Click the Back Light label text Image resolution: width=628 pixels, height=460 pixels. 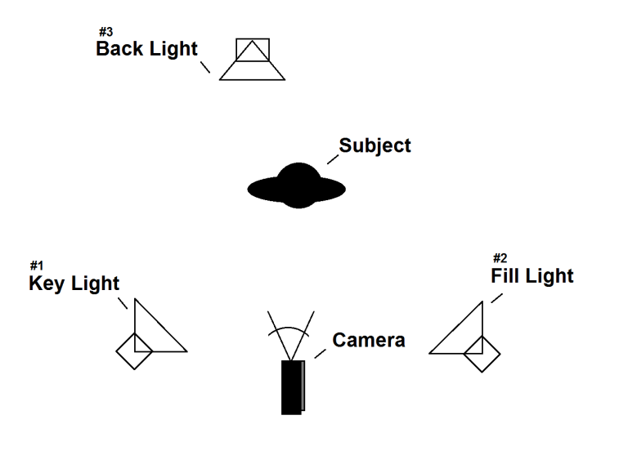pyautogui.click(x=146, y=48)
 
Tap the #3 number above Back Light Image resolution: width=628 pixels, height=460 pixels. pyautogui.click(x=105, y=32)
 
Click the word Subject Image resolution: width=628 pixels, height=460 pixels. pyautogui.click(x=375, y=146)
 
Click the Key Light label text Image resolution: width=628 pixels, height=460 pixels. pyautogui.click(x=74, y=284)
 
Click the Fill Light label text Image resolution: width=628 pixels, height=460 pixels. pyautogui.click(x=532, y=276)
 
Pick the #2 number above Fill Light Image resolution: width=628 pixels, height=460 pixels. pyautogui.click(x=500, y=259)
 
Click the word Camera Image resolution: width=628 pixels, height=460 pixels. pyautogui.click(x=368, y=340)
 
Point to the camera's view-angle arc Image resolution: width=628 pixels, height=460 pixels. pyautogui.click(x=290, y=329)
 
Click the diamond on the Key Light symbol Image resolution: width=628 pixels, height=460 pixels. pyautogui.click(x=134, y=351)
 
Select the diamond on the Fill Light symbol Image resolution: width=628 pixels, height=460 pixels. pyautogui.click(x=482, y=354)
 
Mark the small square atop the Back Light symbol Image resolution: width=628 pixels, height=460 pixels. pyautogui.click(x=252, y=48)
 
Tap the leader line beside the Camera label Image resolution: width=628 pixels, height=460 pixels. pyautogui.click(x=320, y=353)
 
